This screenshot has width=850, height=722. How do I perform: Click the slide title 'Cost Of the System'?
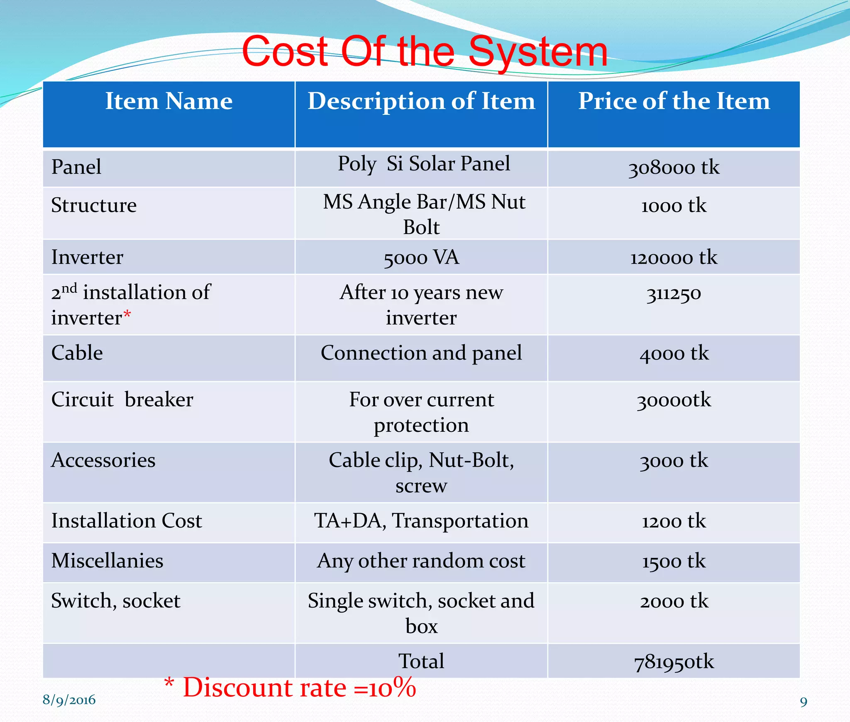point(424,52)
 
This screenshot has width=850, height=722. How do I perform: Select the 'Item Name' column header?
point(169,101)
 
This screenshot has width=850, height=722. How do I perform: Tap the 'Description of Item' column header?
point(421,101)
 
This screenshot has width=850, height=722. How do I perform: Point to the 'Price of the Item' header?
point(674,101)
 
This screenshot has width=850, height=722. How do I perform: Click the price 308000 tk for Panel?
point(674,168)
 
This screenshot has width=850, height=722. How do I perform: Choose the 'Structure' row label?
point(94,205)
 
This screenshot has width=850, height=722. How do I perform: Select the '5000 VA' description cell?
point(421,258)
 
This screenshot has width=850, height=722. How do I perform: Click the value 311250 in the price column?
point(674,294)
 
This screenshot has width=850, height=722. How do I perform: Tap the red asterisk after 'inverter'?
point(127,315)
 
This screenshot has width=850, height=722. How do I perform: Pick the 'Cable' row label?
point(77,353)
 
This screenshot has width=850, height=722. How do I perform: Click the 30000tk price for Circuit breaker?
point(674,400)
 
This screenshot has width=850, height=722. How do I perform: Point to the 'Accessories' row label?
point(103,460)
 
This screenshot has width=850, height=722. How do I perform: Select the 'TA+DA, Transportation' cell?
point(421,521)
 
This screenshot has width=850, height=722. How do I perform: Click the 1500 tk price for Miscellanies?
point(674,561)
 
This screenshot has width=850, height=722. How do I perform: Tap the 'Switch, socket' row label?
point(116,601)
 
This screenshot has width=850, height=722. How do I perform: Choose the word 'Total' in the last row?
point(421,661)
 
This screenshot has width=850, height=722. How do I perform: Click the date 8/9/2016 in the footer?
point(69,700)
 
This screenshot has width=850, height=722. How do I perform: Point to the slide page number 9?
point(804,702)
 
